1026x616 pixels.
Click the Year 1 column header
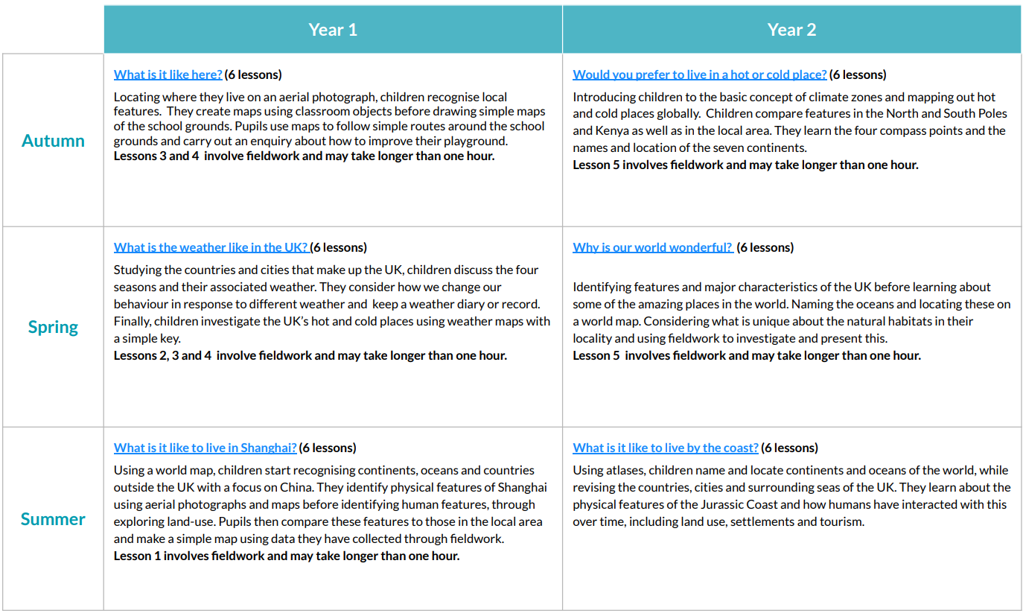point(333,30)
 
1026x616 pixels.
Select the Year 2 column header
point(791,30)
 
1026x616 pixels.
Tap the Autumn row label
point(53,141)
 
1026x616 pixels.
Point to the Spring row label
point(53,327)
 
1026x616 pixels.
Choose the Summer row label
point(53,519)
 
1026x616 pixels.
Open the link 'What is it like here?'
point(168,74)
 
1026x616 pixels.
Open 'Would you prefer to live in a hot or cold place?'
point(699,74)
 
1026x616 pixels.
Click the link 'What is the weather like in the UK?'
point(211,247)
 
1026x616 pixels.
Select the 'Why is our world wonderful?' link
point(652,247)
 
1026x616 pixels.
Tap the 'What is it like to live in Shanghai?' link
point(205,448)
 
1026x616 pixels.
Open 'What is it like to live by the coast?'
point(665,448)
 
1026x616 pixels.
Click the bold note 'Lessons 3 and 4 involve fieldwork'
point(304,156)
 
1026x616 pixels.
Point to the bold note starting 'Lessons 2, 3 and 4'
point(310,355)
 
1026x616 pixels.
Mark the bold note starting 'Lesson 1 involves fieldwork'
point(286,556)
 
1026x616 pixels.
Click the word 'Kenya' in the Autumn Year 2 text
point(589,131)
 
